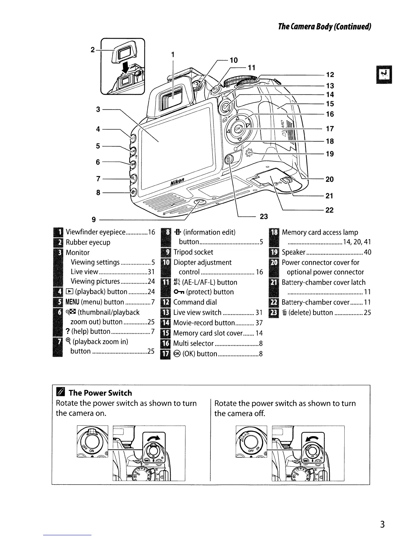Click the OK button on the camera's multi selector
pos(238,128)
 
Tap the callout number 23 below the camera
pos(264,216)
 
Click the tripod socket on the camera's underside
pos(200,203)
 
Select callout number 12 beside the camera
pos(330,75)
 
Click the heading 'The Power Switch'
pos(100,393)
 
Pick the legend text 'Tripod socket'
pos(193,252)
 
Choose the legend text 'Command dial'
pos(195,302)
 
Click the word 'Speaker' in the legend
pos(294,252)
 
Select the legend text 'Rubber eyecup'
pos(88,242)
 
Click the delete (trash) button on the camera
pos(229,159)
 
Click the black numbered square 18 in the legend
pos(274,232)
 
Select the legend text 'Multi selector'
pos(193,343)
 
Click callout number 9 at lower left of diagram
pos(98,219)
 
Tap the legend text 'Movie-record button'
pos(204,323)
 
